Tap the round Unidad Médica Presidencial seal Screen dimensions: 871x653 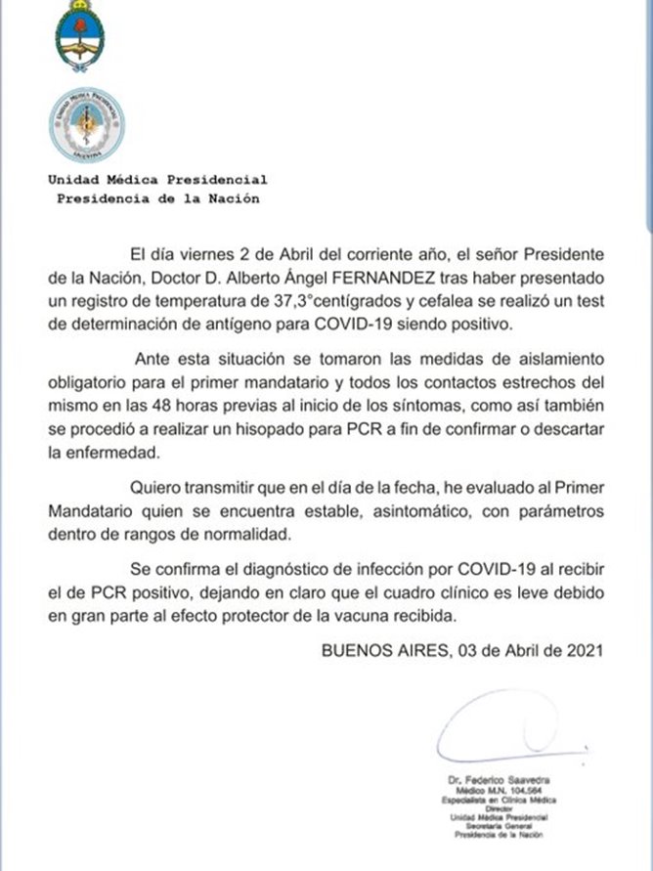pyautogui.click(x=87, y=125)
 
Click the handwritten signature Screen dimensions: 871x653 pyautogui.click(x=498, y=737)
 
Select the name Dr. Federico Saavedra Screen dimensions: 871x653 pyautogui.click(x=500, y=779)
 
